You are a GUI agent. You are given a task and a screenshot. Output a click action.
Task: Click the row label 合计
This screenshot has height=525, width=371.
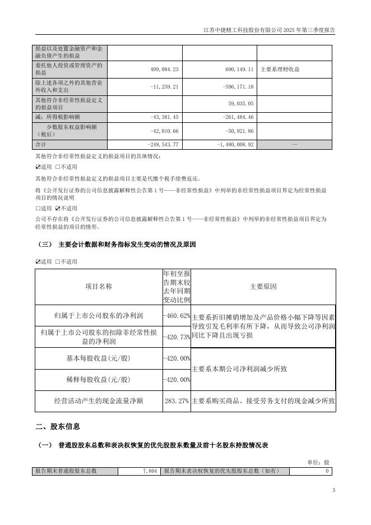[40, 144]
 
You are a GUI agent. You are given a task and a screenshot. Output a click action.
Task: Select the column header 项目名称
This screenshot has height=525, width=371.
[99, 286]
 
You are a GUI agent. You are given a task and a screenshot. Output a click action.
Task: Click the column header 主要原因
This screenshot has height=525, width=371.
[263, 286]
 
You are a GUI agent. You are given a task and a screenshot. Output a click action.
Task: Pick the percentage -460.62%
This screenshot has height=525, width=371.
[177, 316]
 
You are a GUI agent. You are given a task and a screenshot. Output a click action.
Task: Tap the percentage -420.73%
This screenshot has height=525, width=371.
[177, 337]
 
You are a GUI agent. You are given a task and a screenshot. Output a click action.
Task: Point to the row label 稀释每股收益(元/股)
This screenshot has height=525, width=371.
[99, 380]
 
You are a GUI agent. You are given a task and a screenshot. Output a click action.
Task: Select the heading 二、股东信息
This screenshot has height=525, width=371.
[57, 427]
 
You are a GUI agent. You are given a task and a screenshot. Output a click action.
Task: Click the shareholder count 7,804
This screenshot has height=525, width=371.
[149, 471]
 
